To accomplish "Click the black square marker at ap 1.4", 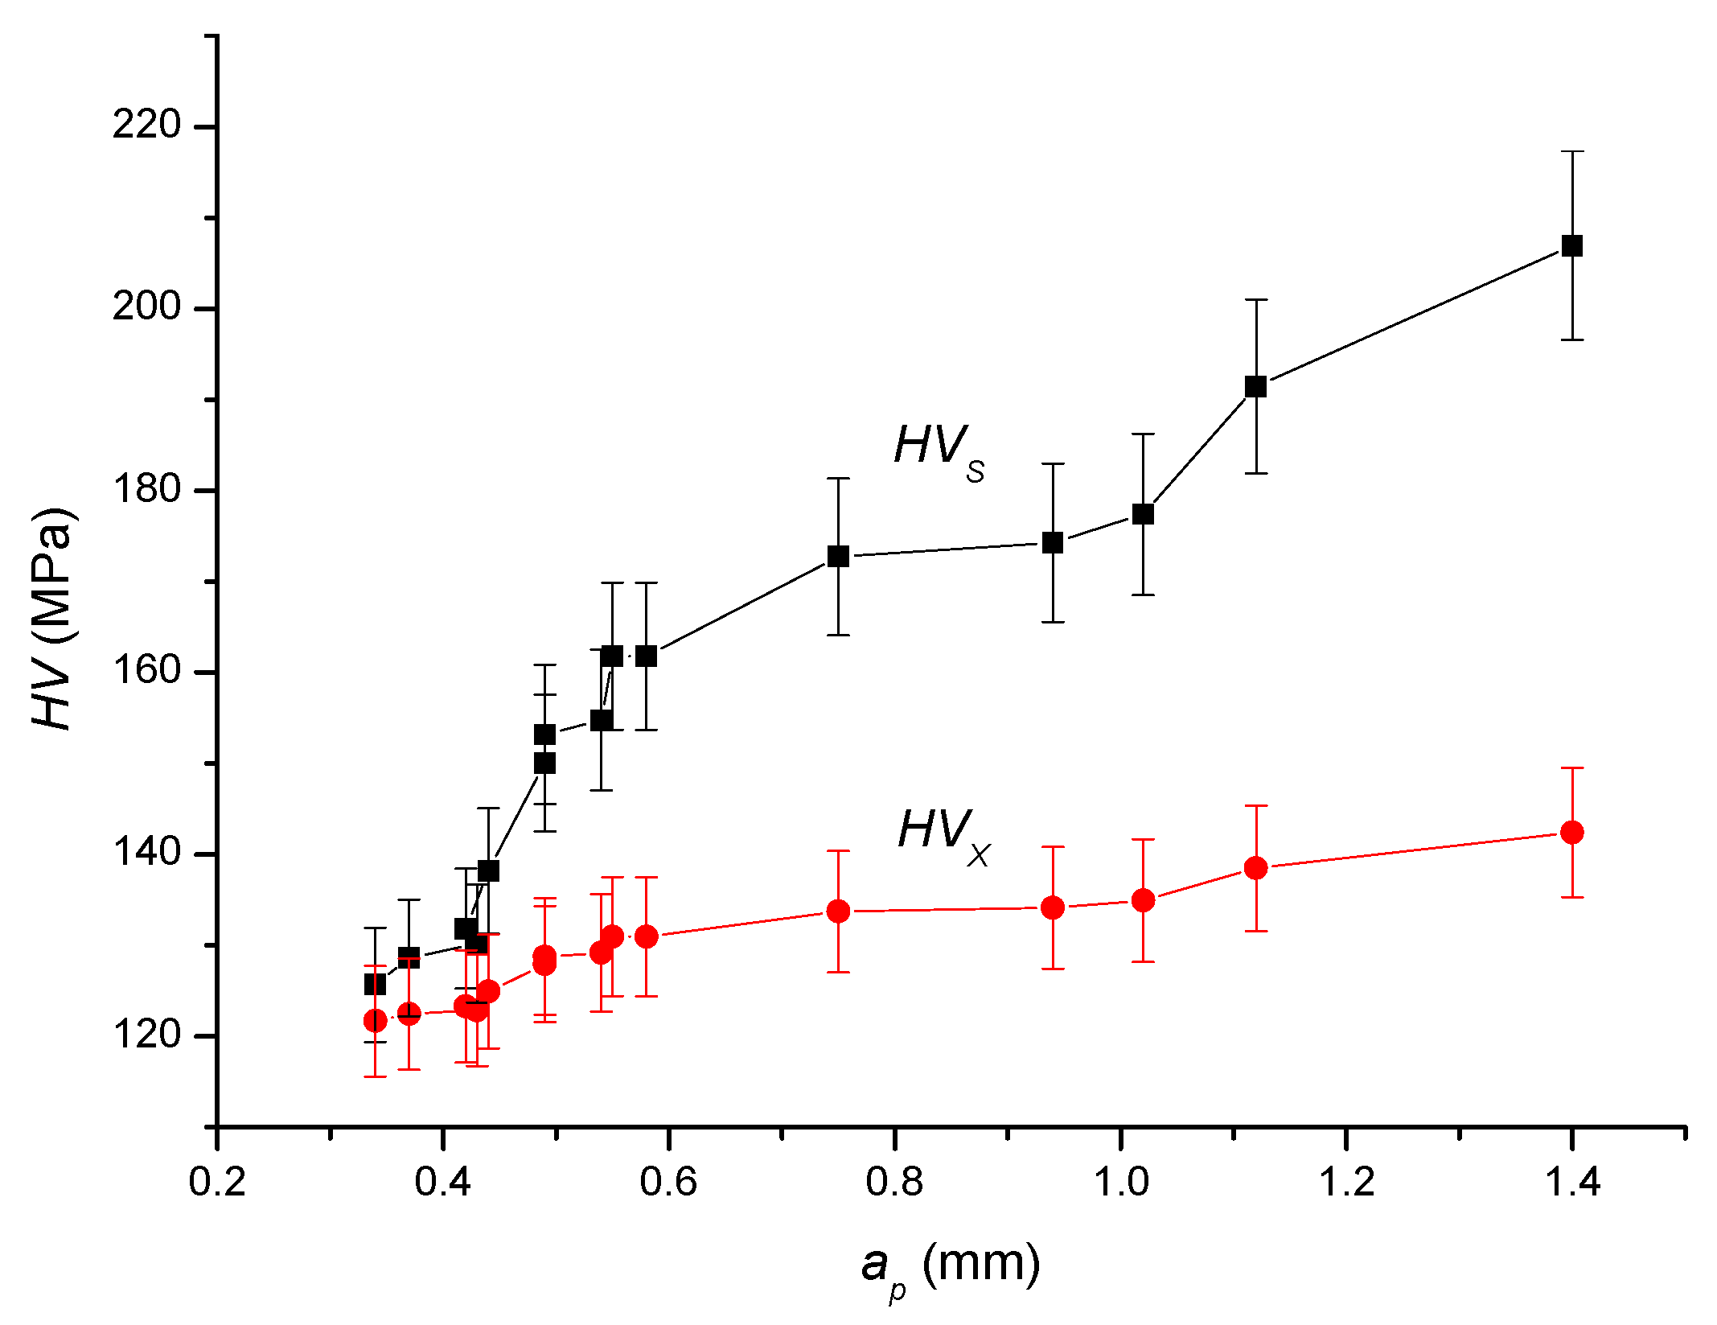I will pos(1571,246).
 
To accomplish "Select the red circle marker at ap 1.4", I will pos(1571,833).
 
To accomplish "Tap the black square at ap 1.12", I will pos(1255,387).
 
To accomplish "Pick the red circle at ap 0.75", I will pos(838,911).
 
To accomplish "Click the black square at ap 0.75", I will pos(838,557).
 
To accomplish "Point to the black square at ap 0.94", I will pos(1053,543).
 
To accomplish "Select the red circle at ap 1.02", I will pos(1143,900).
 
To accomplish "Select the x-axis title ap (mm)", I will pos(950,1266).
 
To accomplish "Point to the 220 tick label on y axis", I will pos(147,126).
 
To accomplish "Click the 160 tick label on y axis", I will pos(147,671).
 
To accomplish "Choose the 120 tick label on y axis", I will pos(147,1035).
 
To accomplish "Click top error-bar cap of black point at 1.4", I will pos(1571,151).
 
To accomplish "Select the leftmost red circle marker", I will pos(375,1021).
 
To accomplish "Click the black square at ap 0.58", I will pos(646,656).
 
